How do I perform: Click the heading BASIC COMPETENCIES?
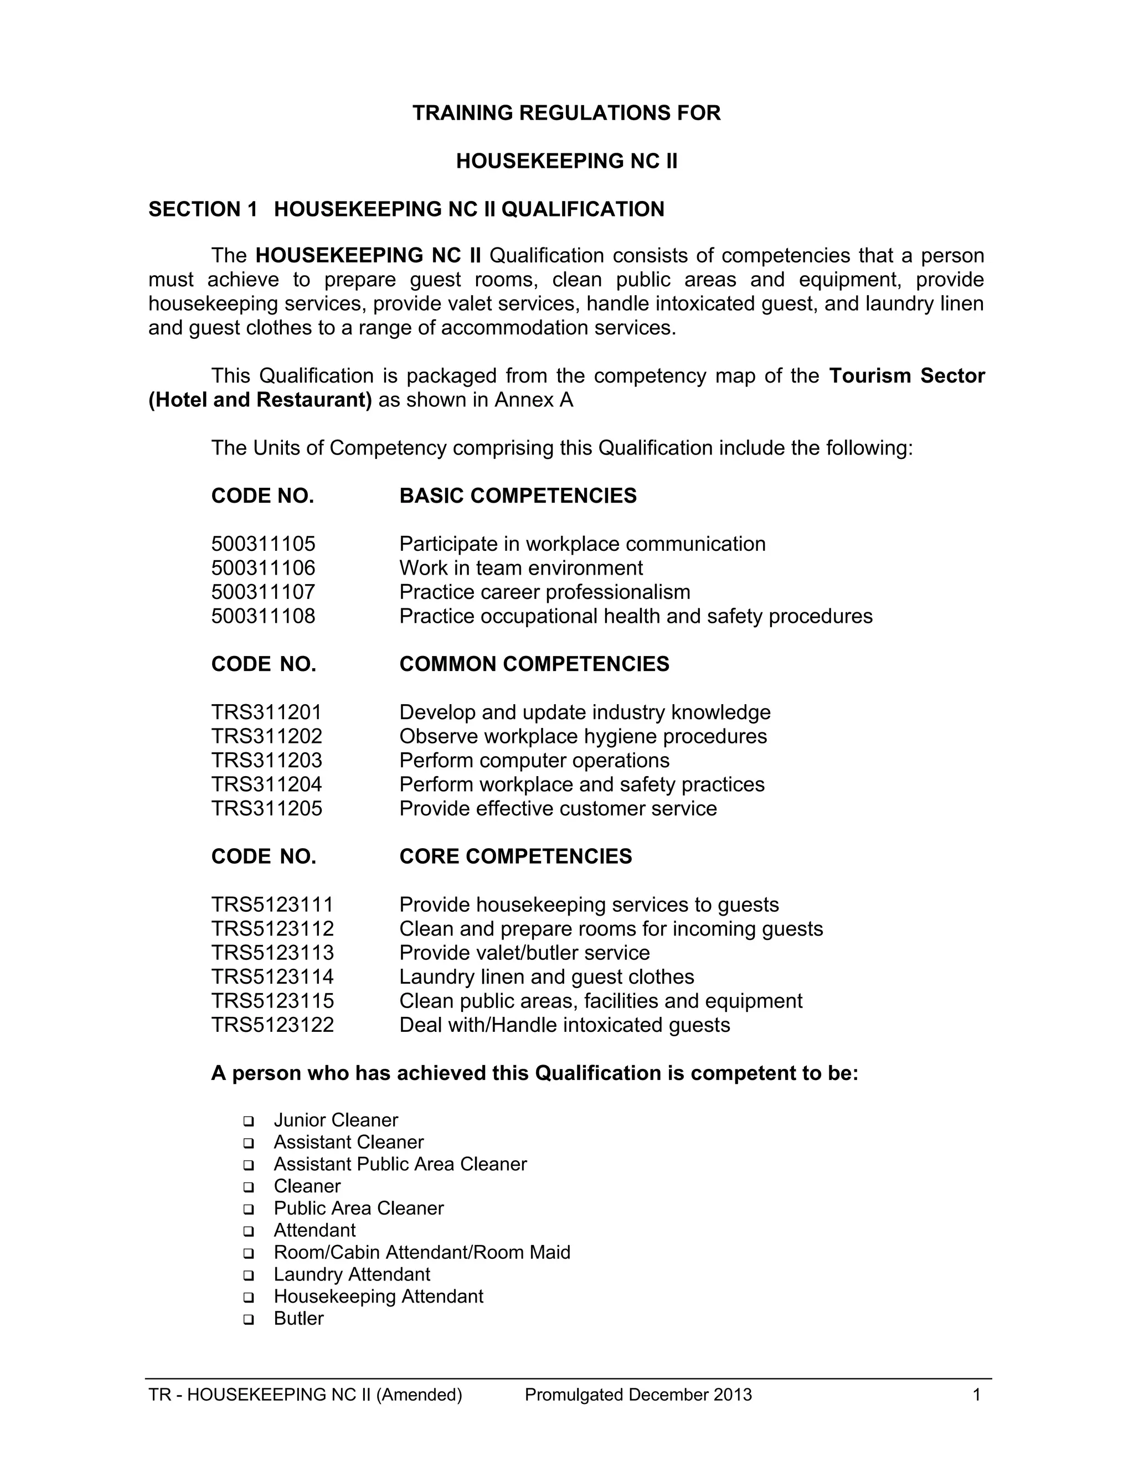(x=517, y=495)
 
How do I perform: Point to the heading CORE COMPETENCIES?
(x=516, y=856)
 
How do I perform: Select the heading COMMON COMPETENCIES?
(x=534, y=664)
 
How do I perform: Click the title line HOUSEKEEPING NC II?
(x=566, y=161)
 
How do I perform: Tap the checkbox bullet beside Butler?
(x=249, y=1319)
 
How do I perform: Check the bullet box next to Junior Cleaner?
(x=249, y=1121)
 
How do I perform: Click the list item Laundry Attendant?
(x=352, y=1274)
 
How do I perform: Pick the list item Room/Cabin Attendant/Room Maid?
(x=421, y=1252)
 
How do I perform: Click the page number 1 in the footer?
(x=976, y=1395)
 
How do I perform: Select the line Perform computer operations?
(x=534, y=761)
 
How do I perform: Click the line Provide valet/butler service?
(x=524, y=953)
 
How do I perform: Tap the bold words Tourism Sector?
(x=906, y=375)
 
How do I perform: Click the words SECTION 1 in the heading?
(x=202, y=210)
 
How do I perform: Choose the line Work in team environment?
(x=520, y=569)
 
